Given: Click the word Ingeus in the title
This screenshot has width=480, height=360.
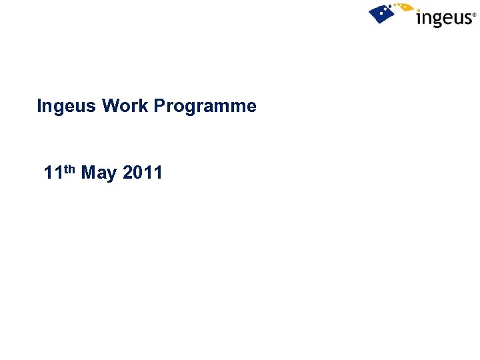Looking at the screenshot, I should [67, 106].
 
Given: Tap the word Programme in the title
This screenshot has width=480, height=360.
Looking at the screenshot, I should [205, 106].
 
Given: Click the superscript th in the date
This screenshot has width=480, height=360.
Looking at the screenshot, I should [69, 169].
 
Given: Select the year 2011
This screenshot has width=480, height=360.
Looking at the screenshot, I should [143, 173].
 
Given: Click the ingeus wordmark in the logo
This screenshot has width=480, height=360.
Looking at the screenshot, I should [443, 17].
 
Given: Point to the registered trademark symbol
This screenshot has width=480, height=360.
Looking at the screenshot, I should [475, 13].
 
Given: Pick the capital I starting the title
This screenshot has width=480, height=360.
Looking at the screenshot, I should [39, 106].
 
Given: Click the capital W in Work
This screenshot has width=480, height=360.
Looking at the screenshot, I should [111, 106].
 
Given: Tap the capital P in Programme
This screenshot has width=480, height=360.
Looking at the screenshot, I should [160, 106].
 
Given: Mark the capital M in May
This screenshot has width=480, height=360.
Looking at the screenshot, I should [89, 173].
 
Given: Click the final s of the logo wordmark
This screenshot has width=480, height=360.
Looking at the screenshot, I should [467, 18].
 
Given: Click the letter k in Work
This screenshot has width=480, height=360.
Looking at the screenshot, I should [144, 106].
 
